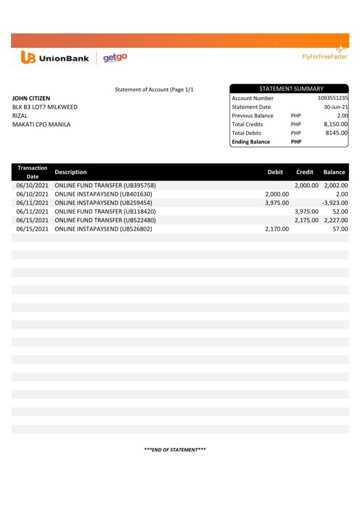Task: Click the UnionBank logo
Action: pos(55,58)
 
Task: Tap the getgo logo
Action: pos(115,58)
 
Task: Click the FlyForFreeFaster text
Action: pos(325,57)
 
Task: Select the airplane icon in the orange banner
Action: pos(341,48)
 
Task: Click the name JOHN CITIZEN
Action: pos(31,98)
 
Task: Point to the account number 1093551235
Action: pos(333,98)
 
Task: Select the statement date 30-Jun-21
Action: pos(336,107)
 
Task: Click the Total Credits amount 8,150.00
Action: pos(336,124)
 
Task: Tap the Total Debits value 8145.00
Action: pos(337,133)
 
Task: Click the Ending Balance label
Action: pos(251,142)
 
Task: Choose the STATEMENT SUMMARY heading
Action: pos(291,89)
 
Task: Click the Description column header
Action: pos(71,172)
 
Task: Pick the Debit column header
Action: pos(275,172)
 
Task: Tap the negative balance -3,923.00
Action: pos(335,203)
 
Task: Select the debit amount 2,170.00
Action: pos(277,229)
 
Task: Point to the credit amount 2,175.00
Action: pos(306,220)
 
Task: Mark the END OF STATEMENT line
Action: pos(175,450)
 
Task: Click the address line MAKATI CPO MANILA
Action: pos(41,124)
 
